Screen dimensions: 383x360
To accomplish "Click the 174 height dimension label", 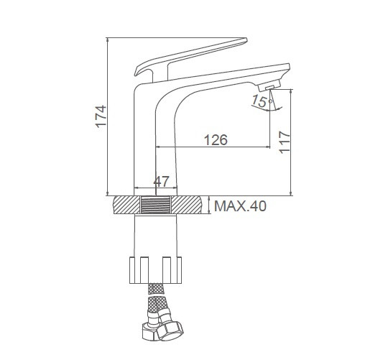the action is [101, 116].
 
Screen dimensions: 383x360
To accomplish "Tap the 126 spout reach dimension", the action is [216, 139].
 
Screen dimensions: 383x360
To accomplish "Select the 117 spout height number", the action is [285, 142].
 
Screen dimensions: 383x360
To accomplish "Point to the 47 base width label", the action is [161, 181].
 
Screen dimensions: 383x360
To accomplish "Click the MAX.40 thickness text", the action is [240, 206].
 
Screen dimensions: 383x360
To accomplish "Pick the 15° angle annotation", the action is [262, 101].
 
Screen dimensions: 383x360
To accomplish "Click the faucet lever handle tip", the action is [246, 40].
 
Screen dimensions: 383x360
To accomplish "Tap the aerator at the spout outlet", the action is [269, 86].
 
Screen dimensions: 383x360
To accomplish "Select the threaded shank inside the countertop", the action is [156, 205].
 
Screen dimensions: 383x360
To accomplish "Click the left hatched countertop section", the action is [127, 205].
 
